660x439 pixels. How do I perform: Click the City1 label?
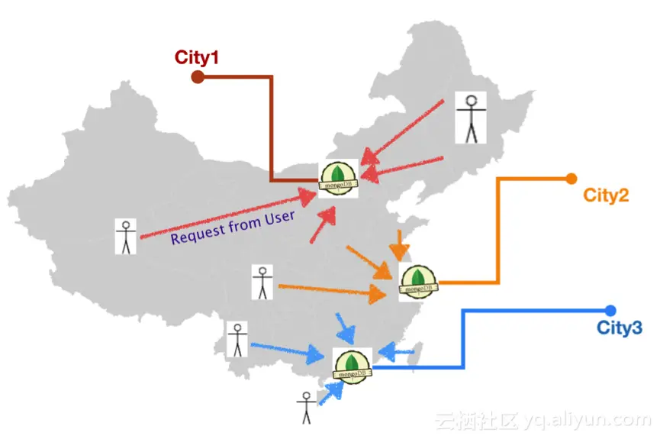[197, 56]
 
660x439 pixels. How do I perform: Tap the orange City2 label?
[606, 195]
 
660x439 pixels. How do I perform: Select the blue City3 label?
[620, 328]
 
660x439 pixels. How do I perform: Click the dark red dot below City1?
[197, 76]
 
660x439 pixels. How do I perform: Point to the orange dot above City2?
[571, 179]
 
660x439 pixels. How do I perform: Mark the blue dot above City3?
[610, 310]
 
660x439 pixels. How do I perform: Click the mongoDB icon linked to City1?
[338, 179]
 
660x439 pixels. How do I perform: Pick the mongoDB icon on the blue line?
[353, 365]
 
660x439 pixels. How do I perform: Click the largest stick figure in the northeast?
[470, 118]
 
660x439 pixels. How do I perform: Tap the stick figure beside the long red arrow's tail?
[125, 237]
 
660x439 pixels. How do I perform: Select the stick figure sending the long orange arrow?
[262, 282]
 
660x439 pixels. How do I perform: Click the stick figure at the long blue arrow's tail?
[238, 340]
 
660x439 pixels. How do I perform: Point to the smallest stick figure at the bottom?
[306, 408]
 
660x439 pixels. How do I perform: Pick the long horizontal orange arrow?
[332, 290]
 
